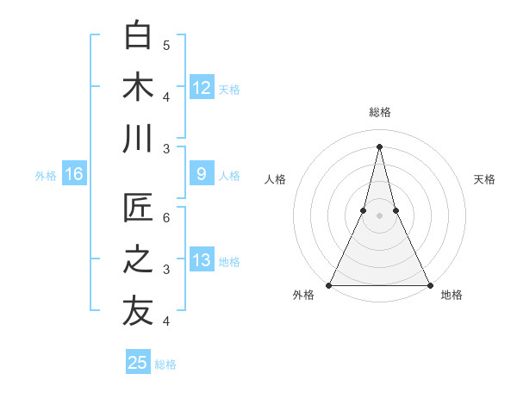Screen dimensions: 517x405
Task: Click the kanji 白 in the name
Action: coord(138,36)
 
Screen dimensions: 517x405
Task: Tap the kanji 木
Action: coord(138,88)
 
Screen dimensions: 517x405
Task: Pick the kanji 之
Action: coord(138,260)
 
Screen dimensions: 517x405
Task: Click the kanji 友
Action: coord(138,312)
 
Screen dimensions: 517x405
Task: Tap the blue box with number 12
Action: coord(201,87)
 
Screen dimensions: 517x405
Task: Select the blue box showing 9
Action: coord(201,174)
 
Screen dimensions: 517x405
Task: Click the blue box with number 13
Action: coord(201,260)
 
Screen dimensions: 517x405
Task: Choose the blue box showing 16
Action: coord(73,174)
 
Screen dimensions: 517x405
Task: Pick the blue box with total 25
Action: coord(138,363)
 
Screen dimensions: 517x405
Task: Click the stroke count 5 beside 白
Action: coord(166,45)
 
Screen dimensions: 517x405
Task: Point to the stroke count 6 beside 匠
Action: coord(166,217)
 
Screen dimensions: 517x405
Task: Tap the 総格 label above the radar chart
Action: coord(379,112)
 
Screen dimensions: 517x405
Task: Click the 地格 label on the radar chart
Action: coord(452,295)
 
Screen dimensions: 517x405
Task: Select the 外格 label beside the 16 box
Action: coord(46,175)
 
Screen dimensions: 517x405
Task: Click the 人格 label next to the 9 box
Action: coord(229,175)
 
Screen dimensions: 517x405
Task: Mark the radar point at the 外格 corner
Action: coord(329,285)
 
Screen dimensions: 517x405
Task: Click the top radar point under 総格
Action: coord(379,146)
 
